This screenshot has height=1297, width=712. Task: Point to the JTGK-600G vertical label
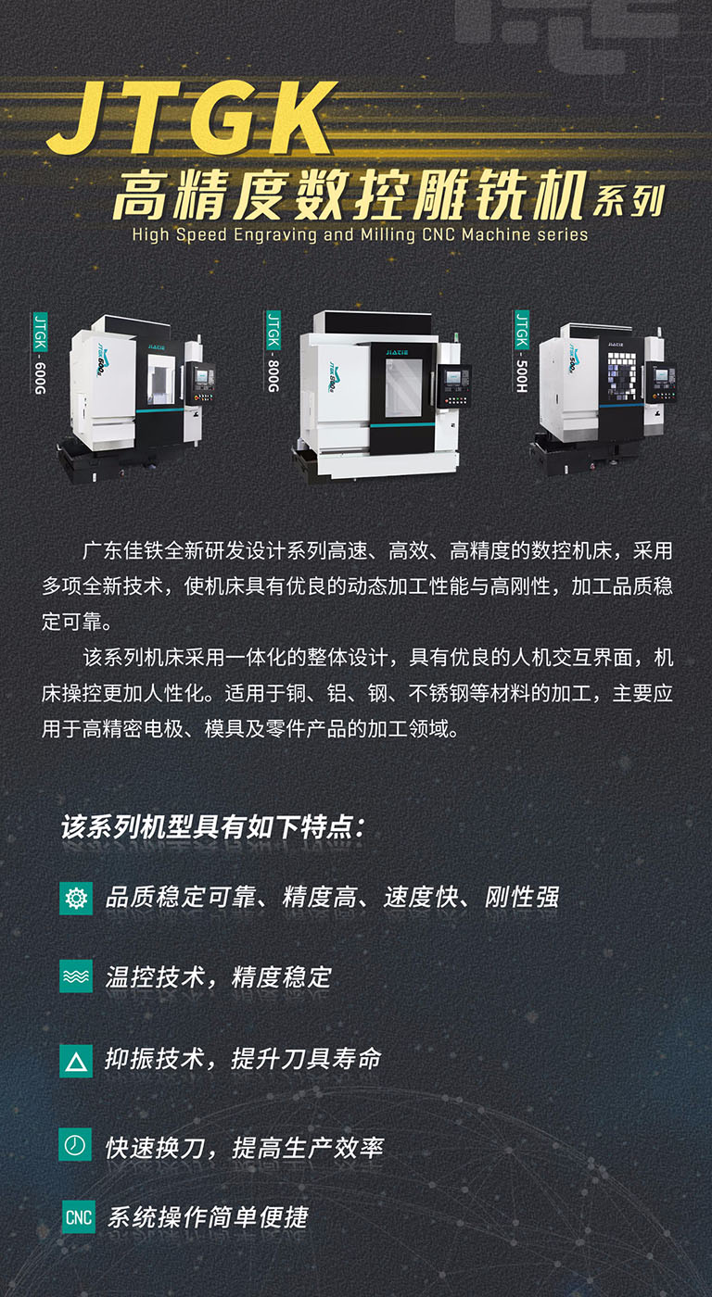pyautogui.click(x=40, y=353)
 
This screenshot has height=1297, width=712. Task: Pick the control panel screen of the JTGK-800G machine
pyautogui.click(x=454, y=379)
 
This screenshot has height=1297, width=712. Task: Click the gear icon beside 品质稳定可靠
pyautogui.click(x=76, y=898)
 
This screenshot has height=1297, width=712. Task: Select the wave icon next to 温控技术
pyautogui.click(x=76, y=976)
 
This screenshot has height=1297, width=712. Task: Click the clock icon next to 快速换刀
pyautogui.click(x=76, y=1146)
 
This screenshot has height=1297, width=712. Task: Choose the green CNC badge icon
pyautogui.click(x=79, y=1216)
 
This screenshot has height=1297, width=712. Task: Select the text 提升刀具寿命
pyautogui.click(x=307, y=1059)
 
